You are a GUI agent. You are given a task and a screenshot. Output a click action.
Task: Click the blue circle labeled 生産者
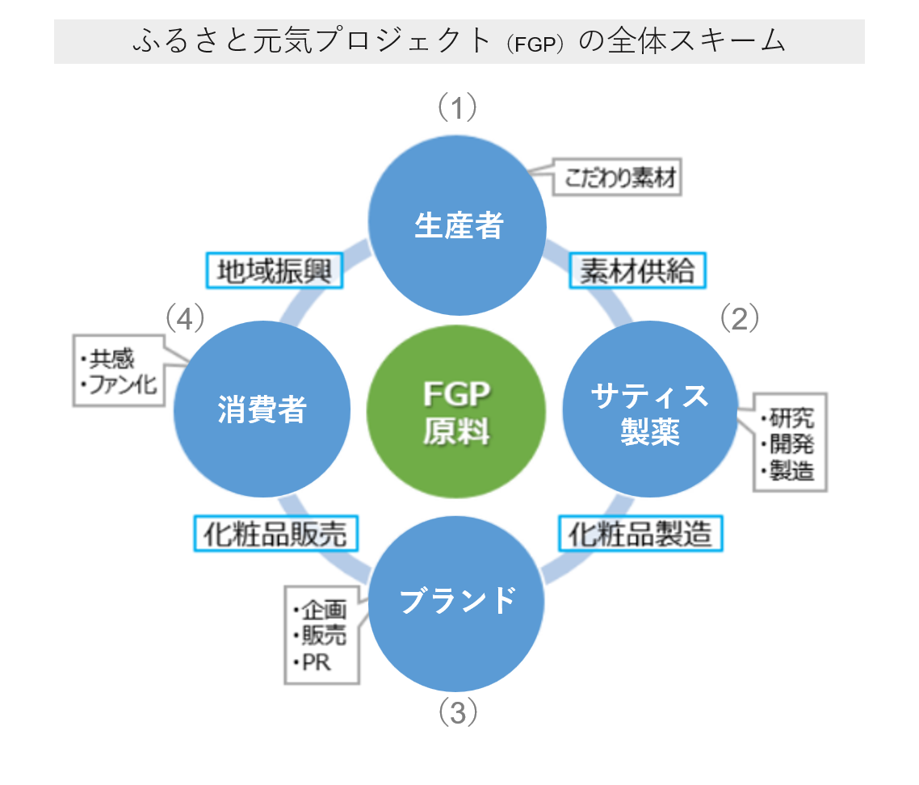coord(458,225)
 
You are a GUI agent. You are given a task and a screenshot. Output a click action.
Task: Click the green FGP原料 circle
coord(456,412)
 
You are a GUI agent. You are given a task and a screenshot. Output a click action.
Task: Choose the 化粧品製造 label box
coord(640,533)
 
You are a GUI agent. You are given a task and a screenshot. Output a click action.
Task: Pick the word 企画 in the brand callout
coord(323,610)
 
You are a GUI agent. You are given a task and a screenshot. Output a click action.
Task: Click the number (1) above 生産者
coord(458,107)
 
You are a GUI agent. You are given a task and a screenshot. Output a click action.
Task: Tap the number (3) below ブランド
coord(458,712)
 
